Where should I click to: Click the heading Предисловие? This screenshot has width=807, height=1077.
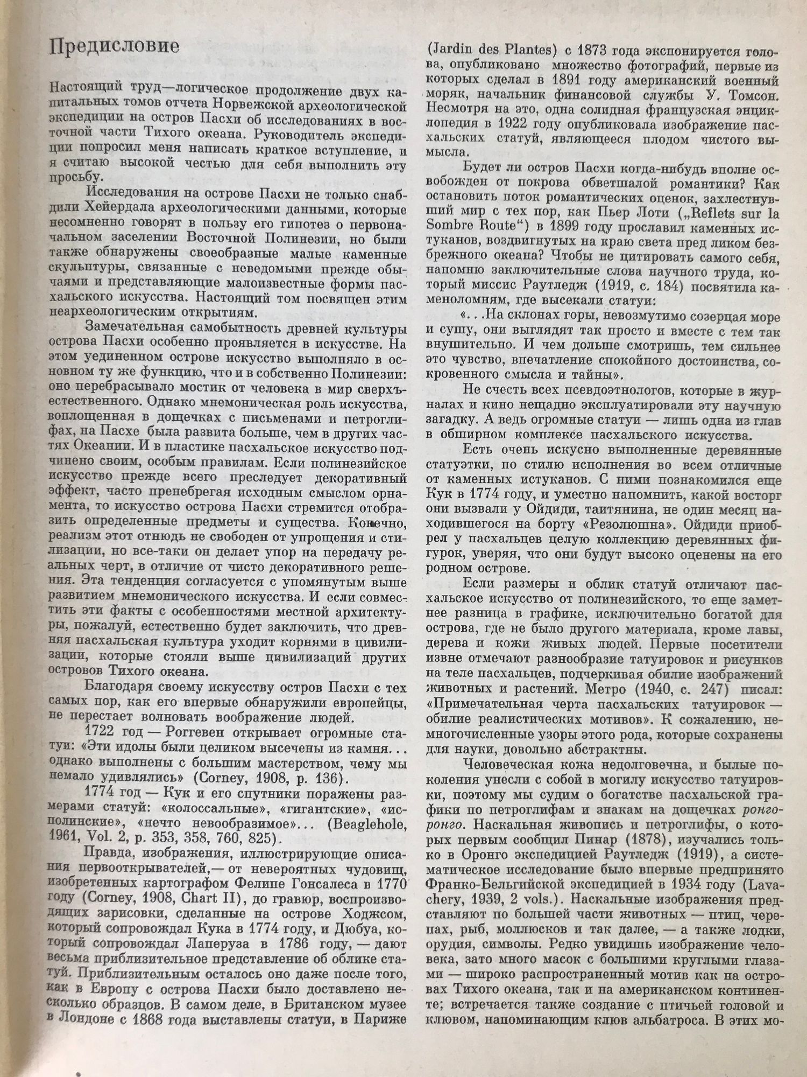tap(114, 46)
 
